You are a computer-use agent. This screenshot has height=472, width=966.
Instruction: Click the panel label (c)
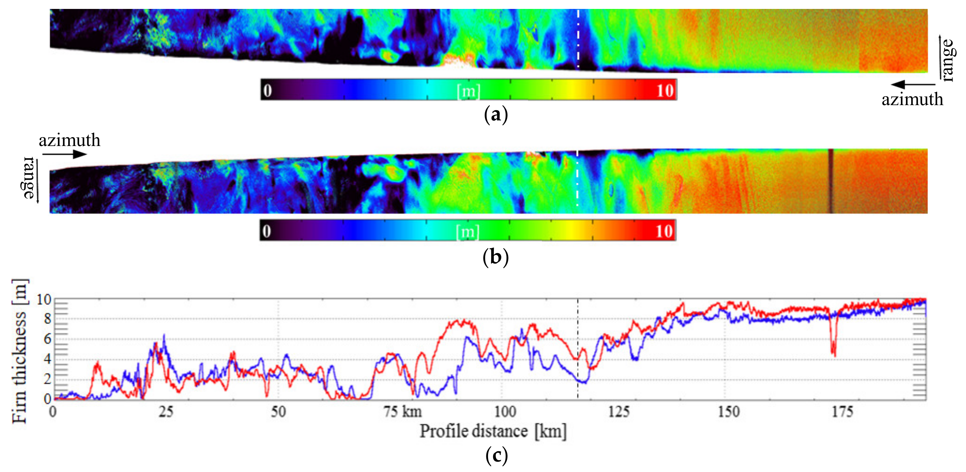pyautogui.click(x=496, y=456)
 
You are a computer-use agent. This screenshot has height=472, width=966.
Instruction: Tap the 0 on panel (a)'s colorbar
pyautogui.click(x=267, y=90)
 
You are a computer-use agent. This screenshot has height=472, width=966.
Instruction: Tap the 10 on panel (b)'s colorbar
pyautogui.click(x=664, y=231)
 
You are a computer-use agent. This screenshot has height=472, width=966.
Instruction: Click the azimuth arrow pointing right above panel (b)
pyautogui.click(x=65, y=154)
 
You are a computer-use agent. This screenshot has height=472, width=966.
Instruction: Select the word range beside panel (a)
pyautogui.click(x=948, y=60)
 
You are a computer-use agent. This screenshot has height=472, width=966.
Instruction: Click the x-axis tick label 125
pyautogui.click(x=619, y=412)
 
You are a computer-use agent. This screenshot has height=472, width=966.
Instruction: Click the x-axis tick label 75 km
pyautogui.click(x=403, y=412)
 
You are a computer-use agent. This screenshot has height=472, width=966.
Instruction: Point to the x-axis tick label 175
pyautogui.click(x=842, y=412)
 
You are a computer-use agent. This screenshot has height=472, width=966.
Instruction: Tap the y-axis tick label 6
pyautogui.click(x=47, y=339)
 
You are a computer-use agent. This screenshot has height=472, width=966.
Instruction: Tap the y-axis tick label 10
pyautogui.click(x=44, y=299)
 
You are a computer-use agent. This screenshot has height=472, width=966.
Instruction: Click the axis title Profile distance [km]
pyautogui.click(x=493, y=431)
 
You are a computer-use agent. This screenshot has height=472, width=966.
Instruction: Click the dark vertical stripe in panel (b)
pyautogui.click(x=831, y=181)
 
